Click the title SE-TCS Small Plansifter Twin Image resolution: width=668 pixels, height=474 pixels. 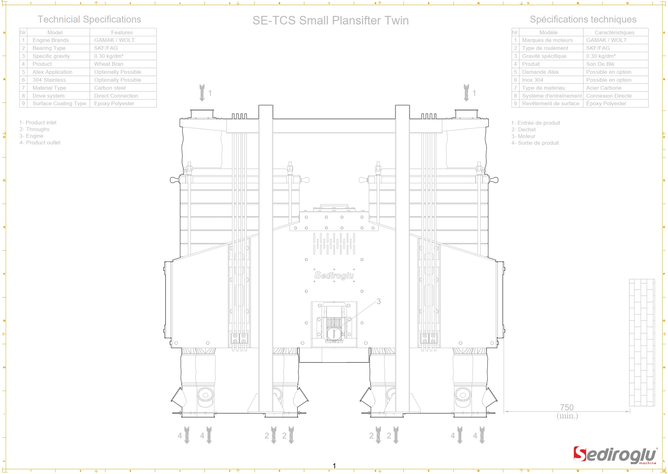[x=330, y=20]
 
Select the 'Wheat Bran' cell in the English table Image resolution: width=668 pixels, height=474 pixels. [x=109, y=64]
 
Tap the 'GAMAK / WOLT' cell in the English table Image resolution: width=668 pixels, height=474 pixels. [x=114, y=40]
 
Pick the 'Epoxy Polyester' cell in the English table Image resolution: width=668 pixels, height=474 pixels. [x=114, y=104]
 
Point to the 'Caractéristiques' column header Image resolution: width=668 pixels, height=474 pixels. [x=614, y=32]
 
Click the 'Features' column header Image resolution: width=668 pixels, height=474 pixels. [x=122, y=32]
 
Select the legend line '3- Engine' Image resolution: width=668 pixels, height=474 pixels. [x=31, y=136]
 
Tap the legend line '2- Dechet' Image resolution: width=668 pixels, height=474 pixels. [x=523, y=129]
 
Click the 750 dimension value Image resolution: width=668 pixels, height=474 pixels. [x=567, y=407]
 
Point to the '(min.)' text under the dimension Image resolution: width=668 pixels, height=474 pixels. [x=567, y=416]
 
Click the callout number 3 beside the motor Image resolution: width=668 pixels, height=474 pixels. [x=378, y=301]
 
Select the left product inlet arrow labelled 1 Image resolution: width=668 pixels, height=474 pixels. [x=202, y=93]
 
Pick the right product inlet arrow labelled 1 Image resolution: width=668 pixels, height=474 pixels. [x=466, y=93]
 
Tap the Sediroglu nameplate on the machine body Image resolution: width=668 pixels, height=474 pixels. [x=334, y=275]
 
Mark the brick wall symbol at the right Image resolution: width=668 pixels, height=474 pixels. [x=642, y=342]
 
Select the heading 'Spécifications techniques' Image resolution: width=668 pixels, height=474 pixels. [x=583, y=19]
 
